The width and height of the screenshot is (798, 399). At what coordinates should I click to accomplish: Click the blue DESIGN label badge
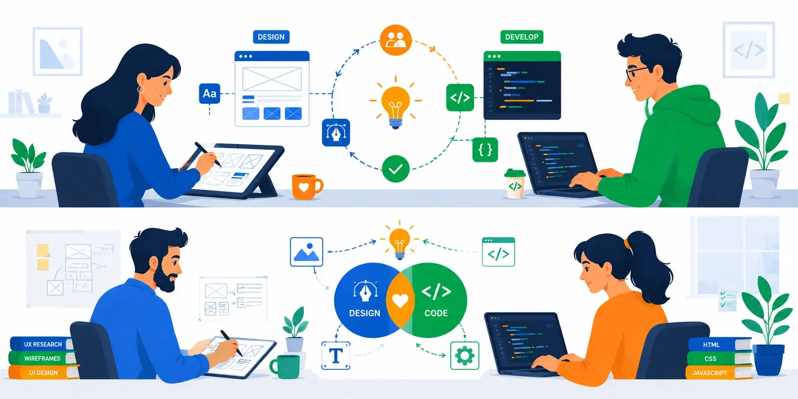(x=271, y=37)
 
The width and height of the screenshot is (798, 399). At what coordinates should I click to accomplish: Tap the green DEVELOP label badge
(x=522, y=37)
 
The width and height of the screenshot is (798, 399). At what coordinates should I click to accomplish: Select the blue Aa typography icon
(x=210, y=94)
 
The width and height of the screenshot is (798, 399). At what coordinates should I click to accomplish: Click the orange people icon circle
(x=396, y=40)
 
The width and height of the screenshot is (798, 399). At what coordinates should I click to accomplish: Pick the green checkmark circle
(x=395, y=169)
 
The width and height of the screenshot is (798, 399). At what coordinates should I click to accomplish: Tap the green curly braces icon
(x=485, y=150)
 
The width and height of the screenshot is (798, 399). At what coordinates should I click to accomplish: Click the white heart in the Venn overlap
(x=400, y=300)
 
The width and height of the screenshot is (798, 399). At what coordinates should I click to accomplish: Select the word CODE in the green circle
(x=436, y=313)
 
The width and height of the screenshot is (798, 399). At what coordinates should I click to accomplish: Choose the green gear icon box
(x=465, y=356)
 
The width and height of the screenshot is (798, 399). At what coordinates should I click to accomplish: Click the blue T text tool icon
(x=336, y=356)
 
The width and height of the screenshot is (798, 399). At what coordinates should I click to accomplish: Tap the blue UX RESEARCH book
(x=41, y=344)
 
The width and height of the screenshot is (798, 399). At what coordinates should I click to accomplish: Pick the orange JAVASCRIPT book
(x=719, y=372)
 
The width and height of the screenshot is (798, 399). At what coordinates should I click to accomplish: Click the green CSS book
(x=719, y=359)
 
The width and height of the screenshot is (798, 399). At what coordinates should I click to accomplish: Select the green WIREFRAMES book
(x=42, y=358)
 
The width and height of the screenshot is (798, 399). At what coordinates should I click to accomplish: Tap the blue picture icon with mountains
(x=306, y=252)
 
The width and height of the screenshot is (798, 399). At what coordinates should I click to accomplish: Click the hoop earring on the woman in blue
(x=141, y=89)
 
